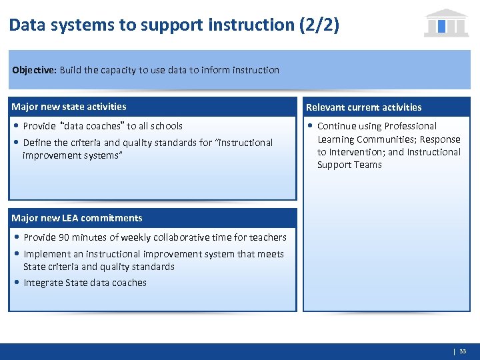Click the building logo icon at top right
(446, 23)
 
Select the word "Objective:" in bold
(34, 70)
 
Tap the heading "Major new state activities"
(69, 107)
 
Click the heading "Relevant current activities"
(363, 107)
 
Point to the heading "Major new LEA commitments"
(77, 218)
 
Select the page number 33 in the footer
(463, 351)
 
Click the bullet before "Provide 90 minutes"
(16, 237)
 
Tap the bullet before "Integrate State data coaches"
(16, 283)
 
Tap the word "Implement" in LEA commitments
(45, 254)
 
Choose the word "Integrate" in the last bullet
(43, 283)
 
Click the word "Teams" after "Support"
(369, 165)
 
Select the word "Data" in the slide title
(24, 25)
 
